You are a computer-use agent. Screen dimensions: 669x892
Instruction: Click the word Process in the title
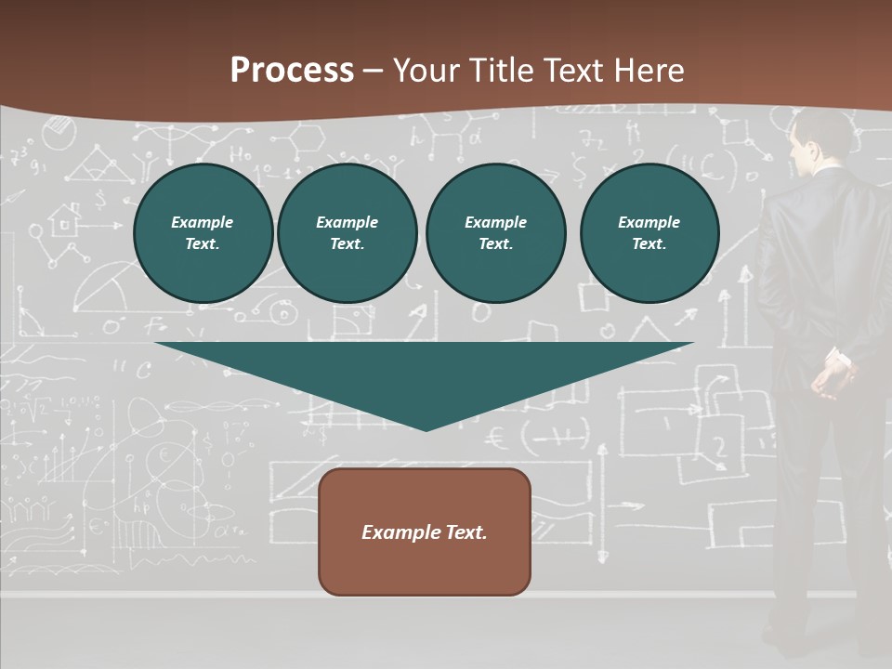(292, 71)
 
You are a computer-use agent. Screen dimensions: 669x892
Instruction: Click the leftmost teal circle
(203, 233)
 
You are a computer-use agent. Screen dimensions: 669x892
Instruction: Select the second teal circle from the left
(347, 233)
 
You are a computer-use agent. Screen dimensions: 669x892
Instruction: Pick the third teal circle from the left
(495, 233)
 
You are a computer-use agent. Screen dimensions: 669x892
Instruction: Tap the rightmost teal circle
(649, 233)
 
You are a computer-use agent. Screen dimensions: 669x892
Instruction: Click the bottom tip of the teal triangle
(426, 429)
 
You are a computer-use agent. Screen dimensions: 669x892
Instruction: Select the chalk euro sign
(498, 433)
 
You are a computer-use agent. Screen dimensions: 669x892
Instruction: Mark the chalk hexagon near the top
(308, 139)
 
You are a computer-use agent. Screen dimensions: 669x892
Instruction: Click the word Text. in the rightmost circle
(649, 243)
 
